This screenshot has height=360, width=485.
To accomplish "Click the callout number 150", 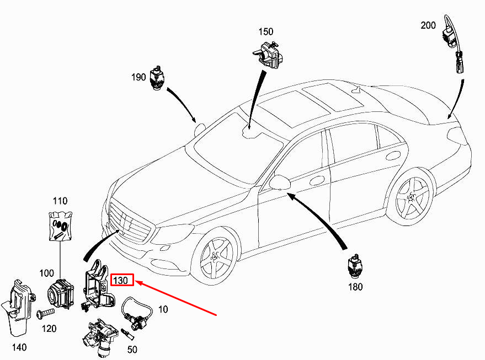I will point(266,32).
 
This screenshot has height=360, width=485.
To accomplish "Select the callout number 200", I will point(428,25).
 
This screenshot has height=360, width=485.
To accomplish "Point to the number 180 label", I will point(356,287).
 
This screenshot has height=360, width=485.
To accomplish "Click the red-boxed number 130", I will point(121,281).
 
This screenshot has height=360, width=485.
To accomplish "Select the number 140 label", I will point(19,347).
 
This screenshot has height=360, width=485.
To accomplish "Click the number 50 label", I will point(132,350).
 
